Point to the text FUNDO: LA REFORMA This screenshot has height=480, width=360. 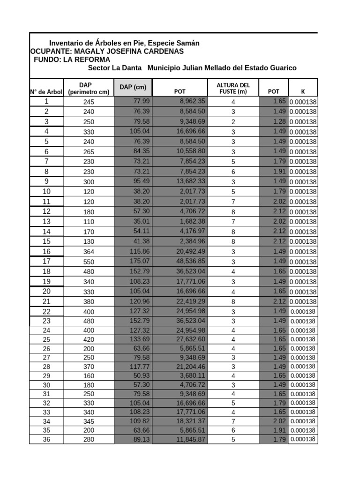[72, 60]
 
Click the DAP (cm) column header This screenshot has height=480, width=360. [133, 88]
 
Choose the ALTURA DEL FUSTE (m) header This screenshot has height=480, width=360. [233, 88]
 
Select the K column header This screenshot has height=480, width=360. [303, 92]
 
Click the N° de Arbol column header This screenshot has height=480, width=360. [46, 92]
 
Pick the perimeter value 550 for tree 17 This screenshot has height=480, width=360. [89, 262]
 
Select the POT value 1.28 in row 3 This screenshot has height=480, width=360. [279, 122]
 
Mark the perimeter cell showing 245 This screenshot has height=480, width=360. [89, 102]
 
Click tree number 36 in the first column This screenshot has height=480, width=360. [46, 440]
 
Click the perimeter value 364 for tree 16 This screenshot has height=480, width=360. [89, 252]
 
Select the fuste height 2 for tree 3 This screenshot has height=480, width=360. [233, 122]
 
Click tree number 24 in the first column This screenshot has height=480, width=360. [46, 330]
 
